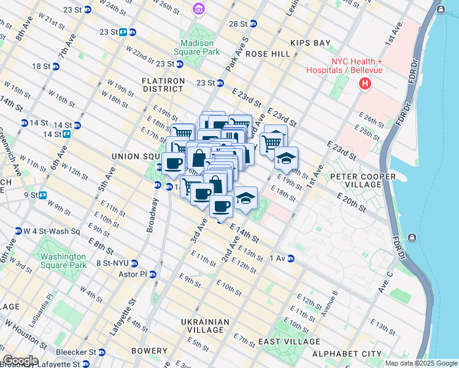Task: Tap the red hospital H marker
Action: pyautogui.click(x=365, y=83)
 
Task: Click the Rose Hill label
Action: pyautogui.click(x=268, y=54)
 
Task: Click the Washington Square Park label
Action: pyautogui.click(x=63, y=261)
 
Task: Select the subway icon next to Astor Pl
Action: pyautogui.click(x=153, y=274)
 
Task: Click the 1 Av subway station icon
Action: pyautogui.click(x=290, y=258)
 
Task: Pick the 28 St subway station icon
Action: pyautogui.click(x=253, y=24)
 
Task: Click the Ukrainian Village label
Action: pyautogui.click(x=205, y=326)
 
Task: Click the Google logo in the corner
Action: pyautogui.click(x=20, y=361)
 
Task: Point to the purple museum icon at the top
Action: pyautogui.click(x=198, y=9)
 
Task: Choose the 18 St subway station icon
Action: pyautogui.click(x=55, y=66)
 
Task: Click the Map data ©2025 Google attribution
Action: pyautogui.click(x=421, y=363)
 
